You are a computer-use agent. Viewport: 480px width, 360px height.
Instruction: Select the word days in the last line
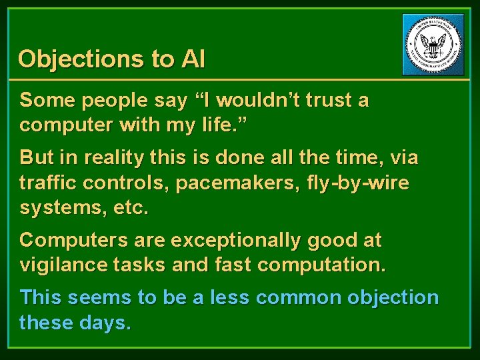(x=107, y=322)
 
